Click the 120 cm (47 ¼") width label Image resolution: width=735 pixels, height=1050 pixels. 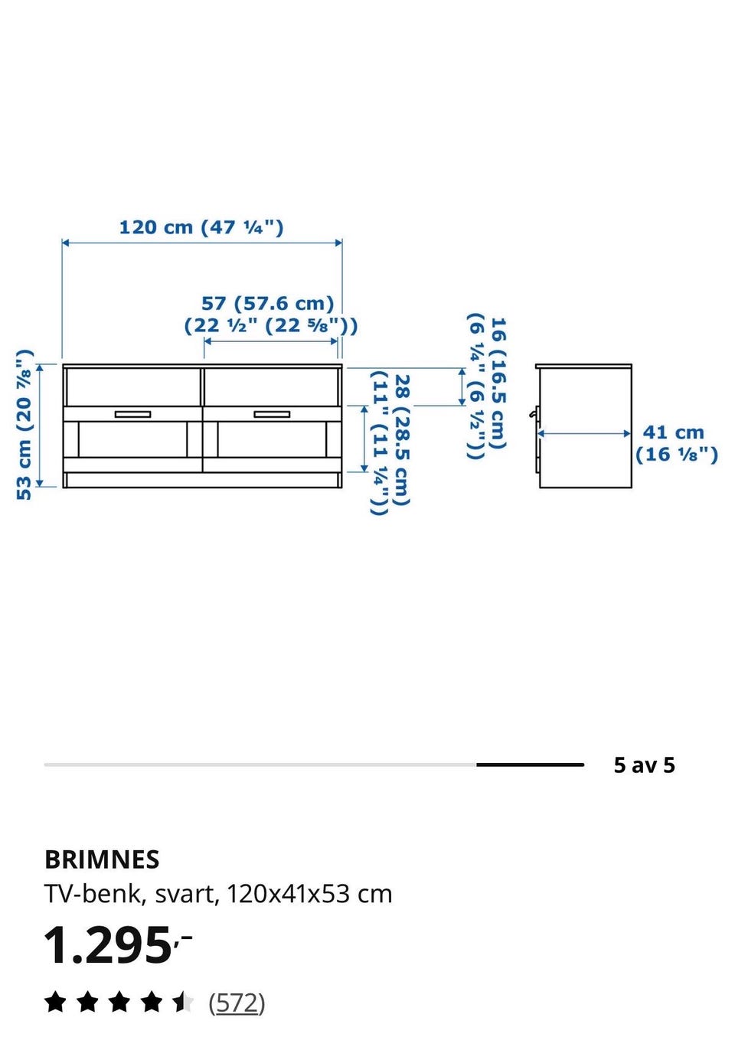(x=201, y=228)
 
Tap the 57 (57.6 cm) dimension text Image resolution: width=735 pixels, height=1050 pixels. (x=268, y=303)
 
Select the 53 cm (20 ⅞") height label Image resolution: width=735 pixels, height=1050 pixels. (x=24, y=425)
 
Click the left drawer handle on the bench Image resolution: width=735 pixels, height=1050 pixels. (x=132, y=414)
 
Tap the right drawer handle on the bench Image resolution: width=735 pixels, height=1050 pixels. (x=272, y=414)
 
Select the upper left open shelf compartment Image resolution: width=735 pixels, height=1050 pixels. (x=133, y=387)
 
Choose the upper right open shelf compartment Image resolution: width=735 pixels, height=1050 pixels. (x=272, y=387)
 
